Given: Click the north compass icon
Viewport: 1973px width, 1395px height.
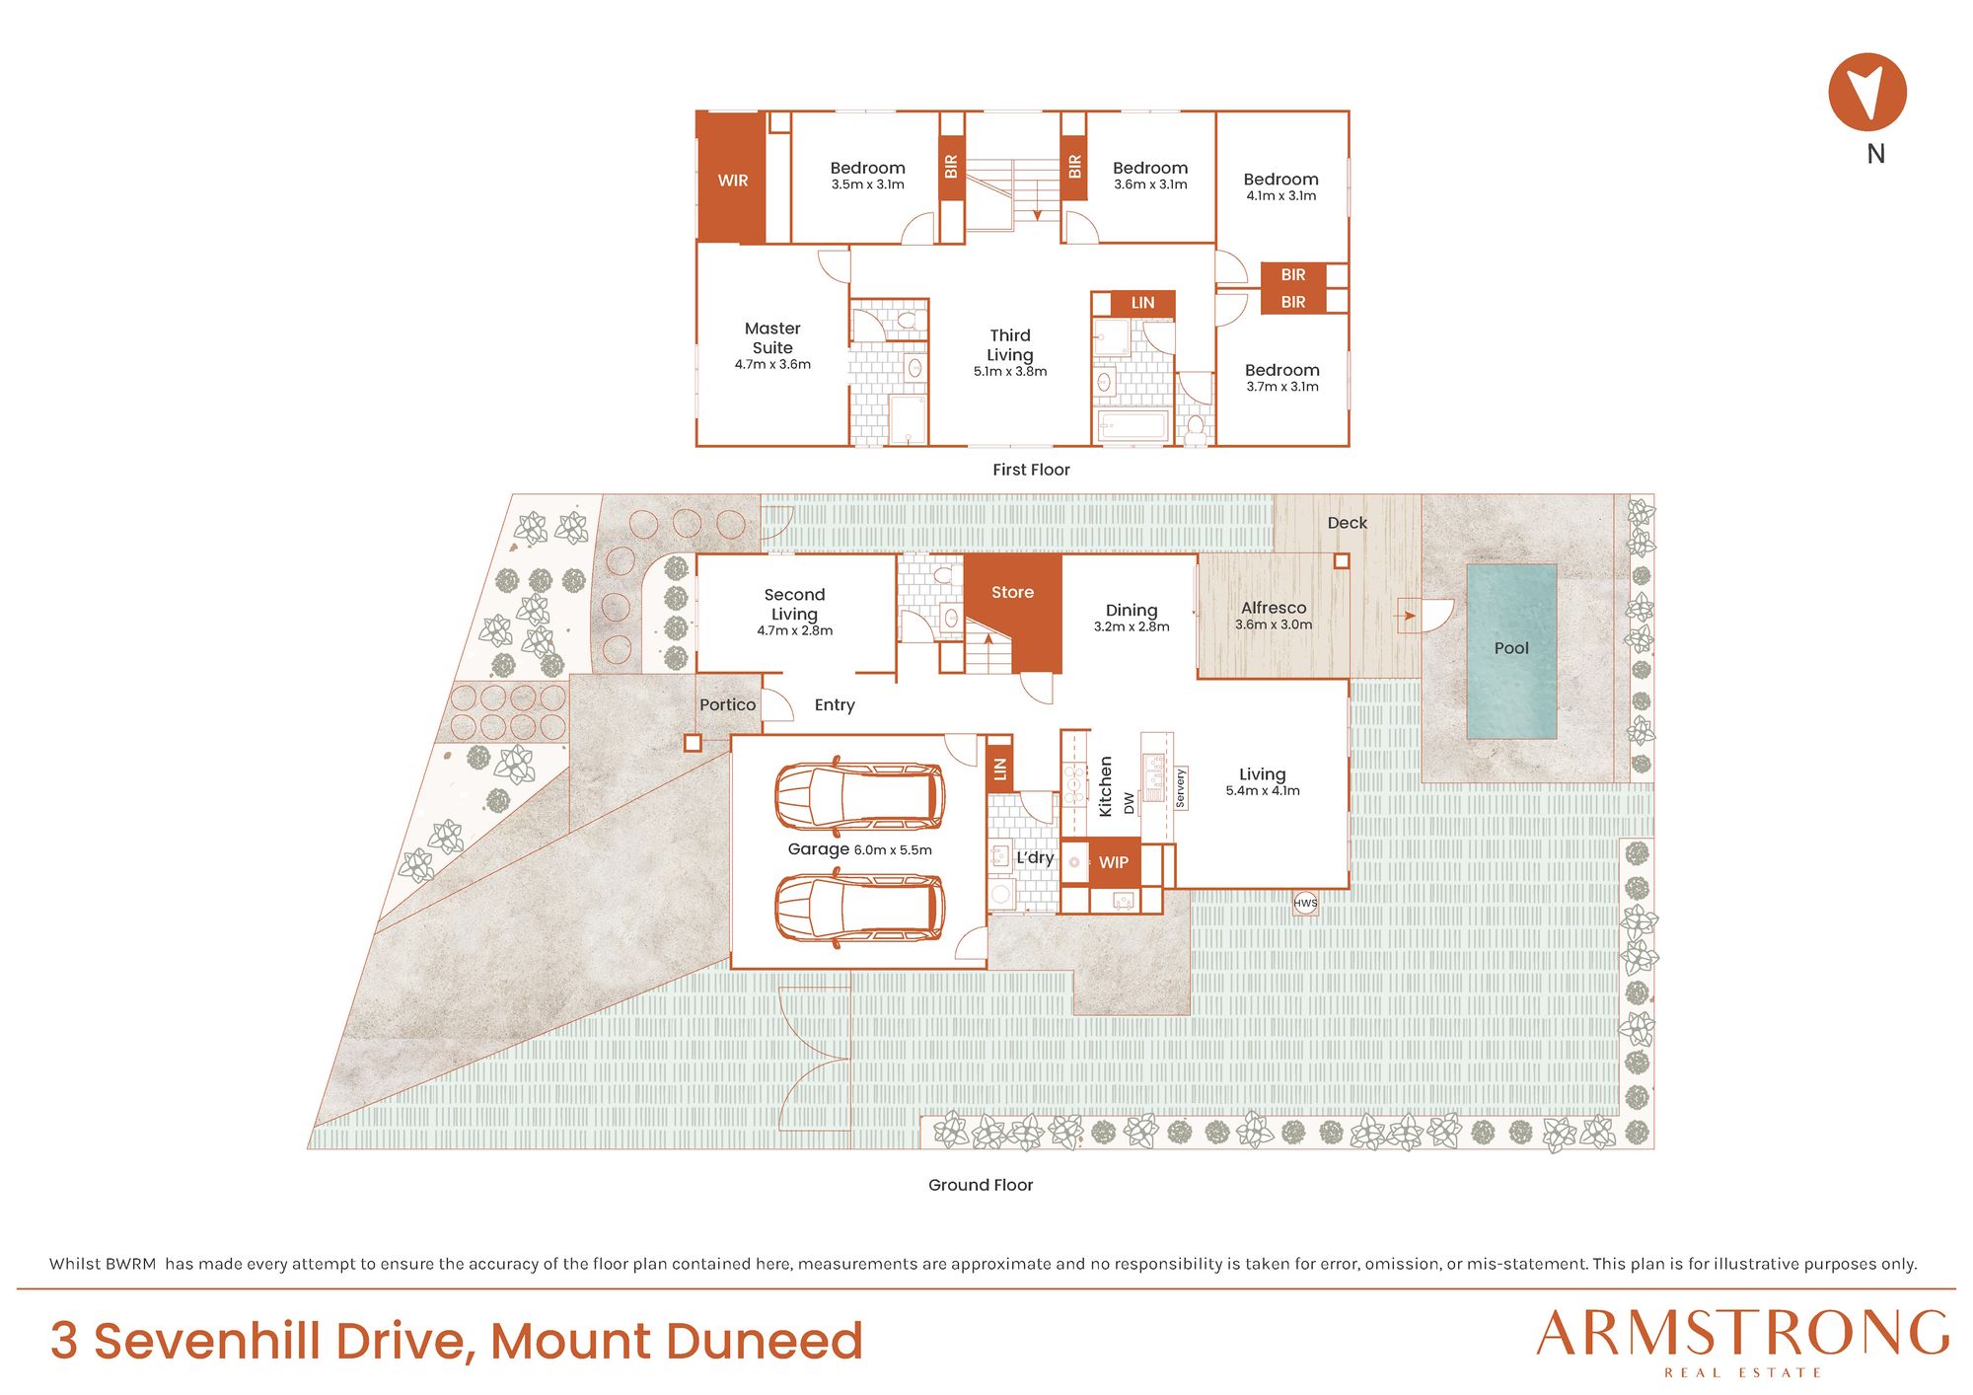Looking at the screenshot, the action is point(1866,92).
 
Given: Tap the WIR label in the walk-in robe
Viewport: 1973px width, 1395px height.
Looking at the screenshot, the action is point(733,181).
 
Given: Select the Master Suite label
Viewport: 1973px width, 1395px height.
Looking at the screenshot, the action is point(772,337).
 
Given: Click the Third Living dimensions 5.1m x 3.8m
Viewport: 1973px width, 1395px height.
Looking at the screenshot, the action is point(1010,372).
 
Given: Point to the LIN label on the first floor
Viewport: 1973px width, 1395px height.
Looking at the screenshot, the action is point(1142,303).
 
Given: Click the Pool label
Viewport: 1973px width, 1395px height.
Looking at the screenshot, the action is point(1511,648).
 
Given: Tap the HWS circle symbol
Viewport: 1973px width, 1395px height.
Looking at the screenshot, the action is point(1305,903).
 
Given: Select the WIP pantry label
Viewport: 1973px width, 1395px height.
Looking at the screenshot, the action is point(1114,862).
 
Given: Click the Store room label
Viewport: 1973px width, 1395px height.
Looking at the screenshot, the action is point(1012,592).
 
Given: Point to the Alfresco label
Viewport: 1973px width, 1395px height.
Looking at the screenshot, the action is point(1274,608).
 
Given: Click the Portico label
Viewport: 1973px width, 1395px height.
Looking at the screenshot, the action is point(727,704).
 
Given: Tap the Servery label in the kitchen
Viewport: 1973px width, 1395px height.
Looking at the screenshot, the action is point(1180,788).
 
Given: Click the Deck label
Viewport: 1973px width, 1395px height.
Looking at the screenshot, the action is point(1347,523).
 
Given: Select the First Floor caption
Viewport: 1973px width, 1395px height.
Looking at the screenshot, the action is point(1031,470).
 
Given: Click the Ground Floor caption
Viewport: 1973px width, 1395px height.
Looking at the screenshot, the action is point(981,1185).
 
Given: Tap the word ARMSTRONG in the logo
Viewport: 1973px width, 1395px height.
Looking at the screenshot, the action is point(1742,1333).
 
